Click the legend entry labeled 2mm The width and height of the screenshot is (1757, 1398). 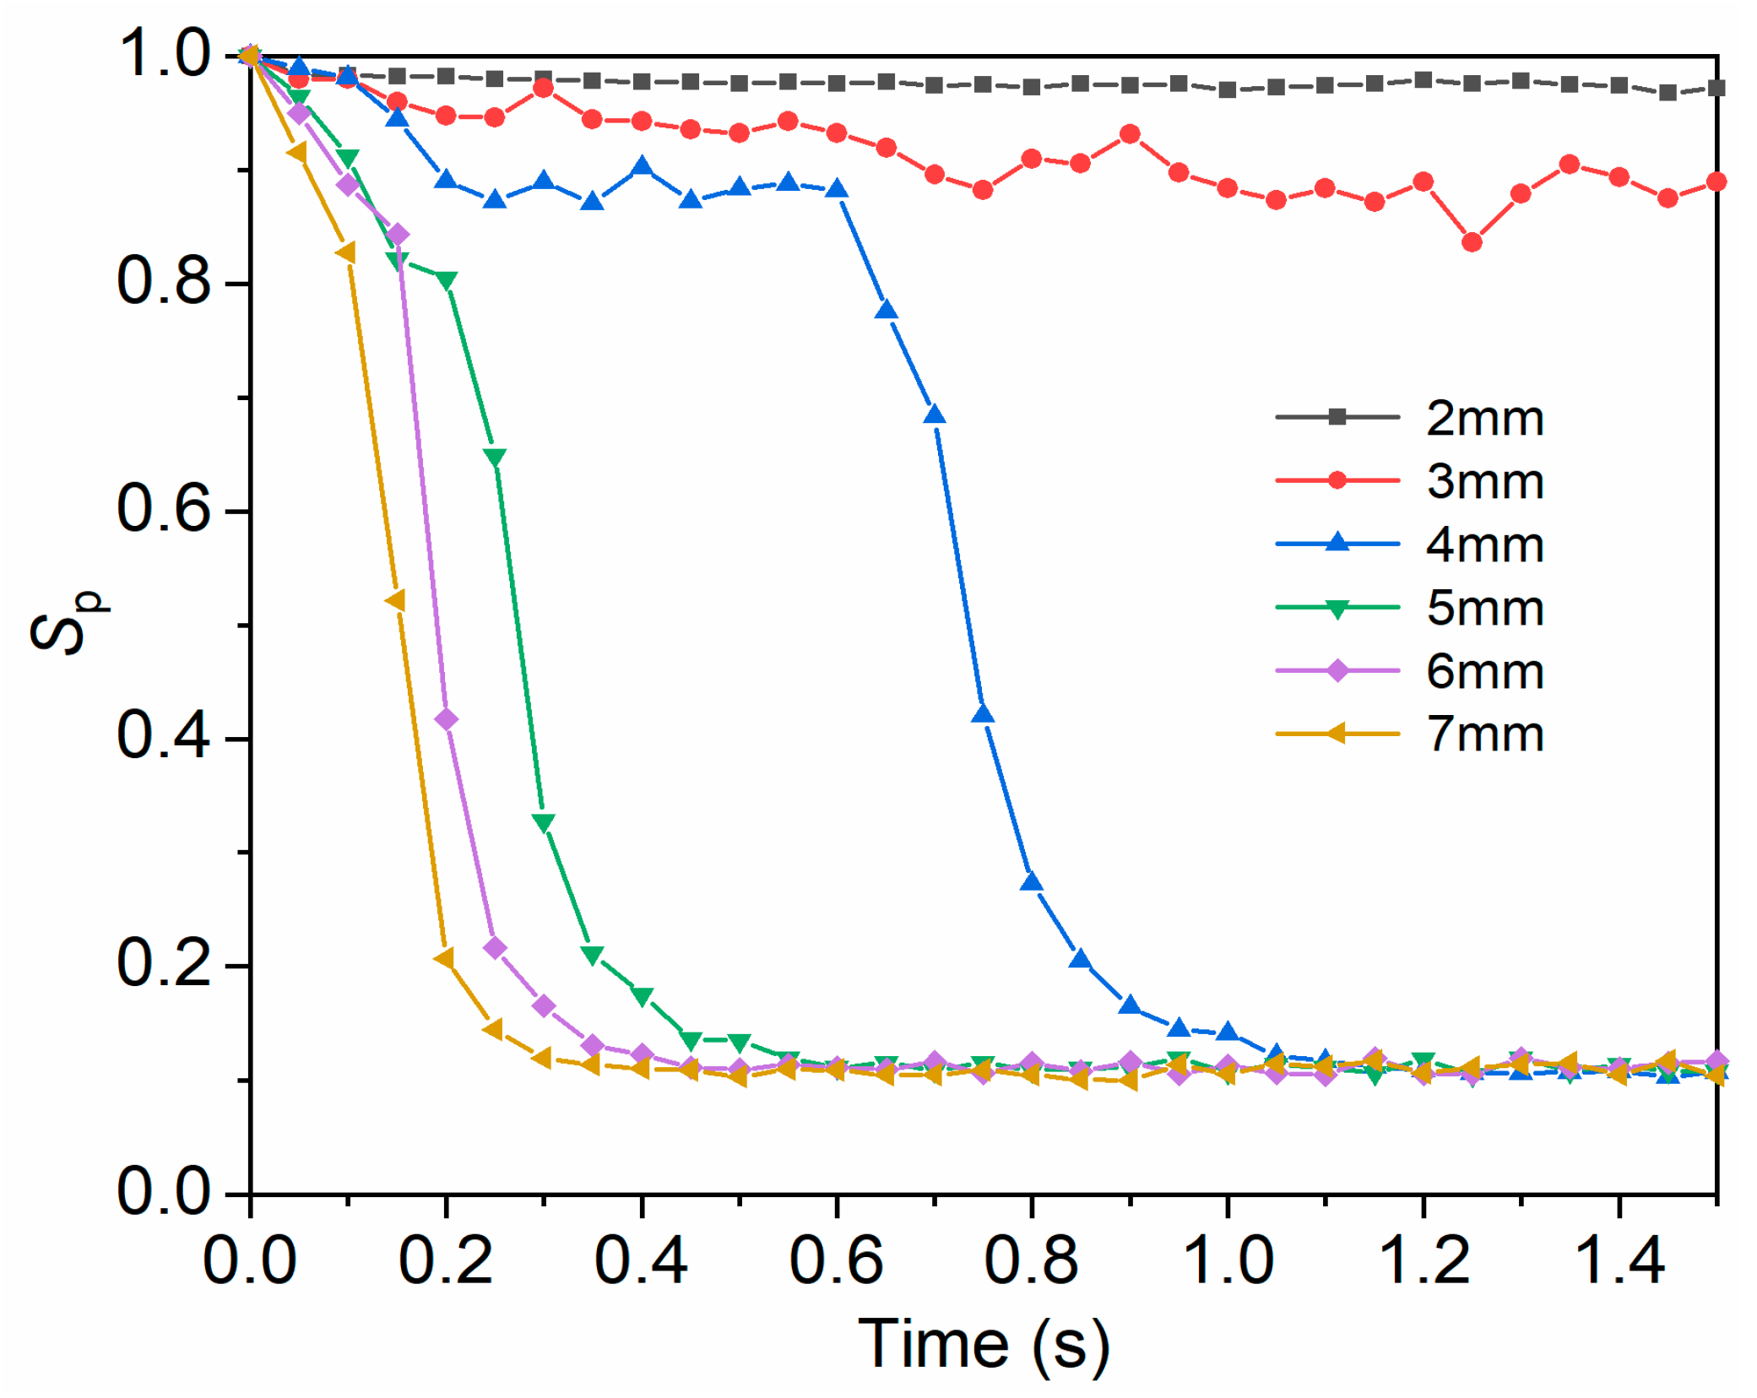pyautogui.click(x=1484, y=418)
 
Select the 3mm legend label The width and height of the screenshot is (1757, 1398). pyautogui.click(x=1484, y=481)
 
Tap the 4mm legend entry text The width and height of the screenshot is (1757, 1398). pyautogui.click(x=1484, y=545)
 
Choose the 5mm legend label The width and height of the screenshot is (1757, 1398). pyautogui.click(x=1484, y=608)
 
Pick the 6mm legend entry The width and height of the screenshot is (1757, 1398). pyautogui.click(x=1484, y=671)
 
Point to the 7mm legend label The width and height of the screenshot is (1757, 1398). pyautogui.click(x=1484, y=734)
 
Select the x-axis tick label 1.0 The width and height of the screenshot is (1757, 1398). pyautogui.click(x=1228, y=1261)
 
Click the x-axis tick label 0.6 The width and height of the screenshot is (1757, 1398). pyautogui.click(x=836, y=1261)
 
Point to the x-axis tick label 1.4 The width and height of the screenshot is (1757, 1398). pyautogui.click(x=1619, y=1261)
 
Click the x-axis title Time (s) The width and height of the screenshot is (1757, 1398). pyautogui.click(x=984, y=1344)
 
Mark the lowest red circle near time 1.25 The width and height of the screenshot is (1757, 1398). pyautogui.click(x=1472, y=242)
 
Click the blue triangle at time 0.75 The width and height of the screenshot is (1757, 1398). pyautogui.click(x=983, y=714)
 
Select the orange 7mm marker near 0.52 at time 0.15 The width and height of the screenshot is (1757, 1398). pyautogui.click(x=395, y=600)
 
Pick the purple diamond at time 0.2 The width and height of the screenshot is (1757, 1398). pyautogui.click(x=446, y=719)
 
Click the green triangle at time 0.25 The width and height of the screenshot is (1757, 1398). pyautogui.click(x=496, y=457)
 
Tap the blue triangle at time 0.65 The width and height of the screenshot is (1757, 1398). pyautogui.click(x=886, y=311)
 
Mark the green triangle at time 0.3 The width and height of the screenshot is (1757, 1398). pyautogui.click(x=544, y=822)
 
